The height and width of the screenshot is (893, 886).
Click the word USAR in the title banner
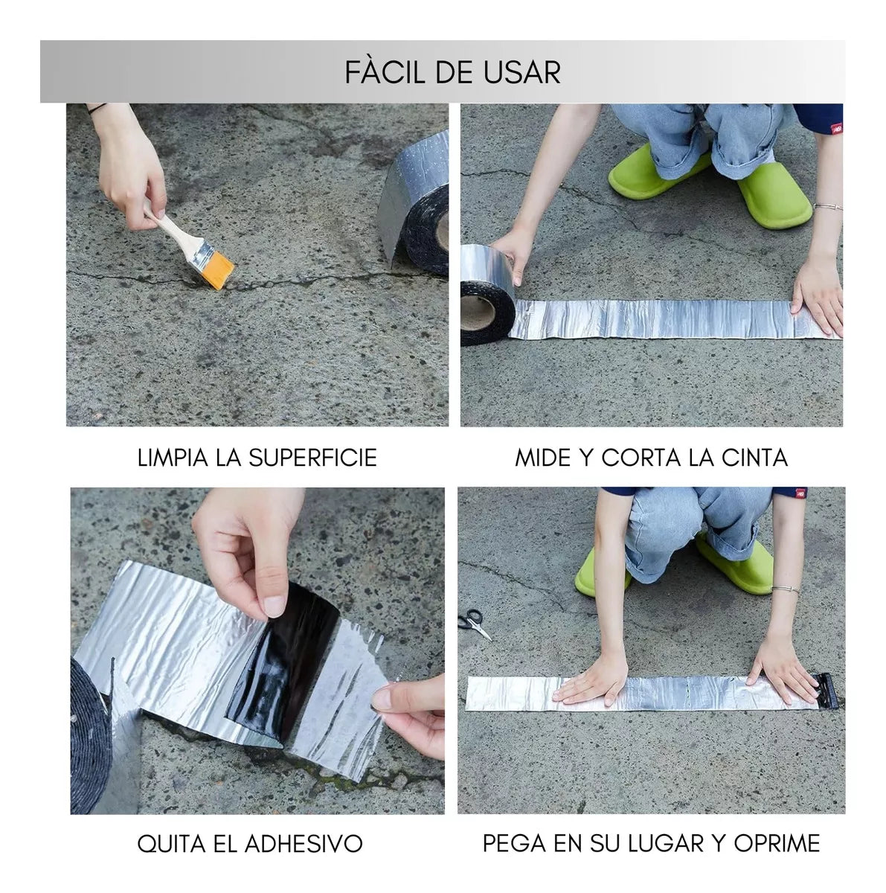point(525,72)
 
